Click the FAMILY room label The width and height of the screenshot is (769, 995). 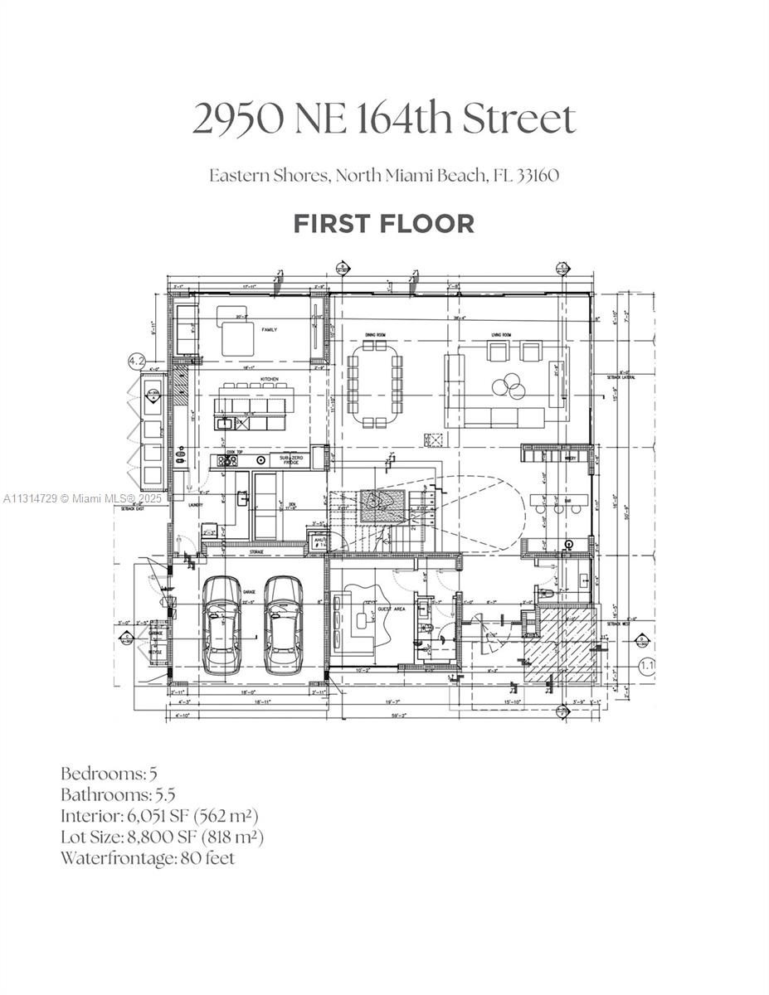(269, 330)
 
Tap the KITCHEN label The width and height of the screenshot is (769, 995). (269, 380)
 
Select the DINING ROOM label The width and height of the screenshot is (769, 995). (376, 336)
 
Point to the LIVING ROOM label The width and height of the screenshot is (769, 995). (502, 336)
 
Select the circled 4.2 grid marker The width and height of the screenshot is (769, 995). (136, 361)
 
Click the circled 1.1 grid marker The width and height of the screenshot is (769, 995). (646, 664)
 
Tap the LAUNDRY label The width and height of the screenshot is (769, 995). (196, 504)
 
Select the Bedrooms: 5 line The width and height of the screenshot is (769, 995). (109, 774)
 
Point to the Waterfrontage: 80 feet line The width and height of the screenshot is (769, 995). (147, 858)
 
